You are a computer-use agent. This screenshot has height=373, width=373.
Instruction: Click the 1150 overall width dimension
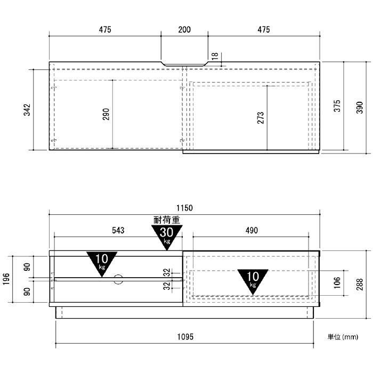(x=184, y=208)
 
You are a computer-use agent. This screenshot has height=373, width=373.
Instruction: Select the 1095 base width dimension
(x=185, y=337)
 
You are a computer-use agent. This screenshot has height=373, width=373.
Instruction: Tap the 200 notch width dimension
(x=184, y=29)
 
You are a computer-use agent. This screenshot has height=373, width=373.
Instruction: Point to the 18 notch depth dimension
(x=215, y=56)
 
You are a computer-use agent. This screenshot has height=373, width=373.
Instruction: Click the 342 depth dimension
(x=27, y=110)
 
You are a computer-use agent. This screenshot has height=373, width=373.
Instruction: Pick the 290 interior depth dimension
(x=106, y=114)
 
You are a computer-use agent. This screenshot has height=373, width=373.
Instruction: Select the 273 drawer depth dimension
(x=261, y=118)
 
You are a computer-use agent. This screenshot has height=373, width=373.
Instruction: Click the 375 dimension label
(x=337, y=106)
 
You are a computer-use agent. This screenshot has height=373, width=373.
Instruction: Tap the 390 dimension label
(x=360, y=108)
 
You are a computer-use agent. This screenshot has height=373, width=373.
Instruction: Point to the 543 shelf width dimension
(x=118, y=230)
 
